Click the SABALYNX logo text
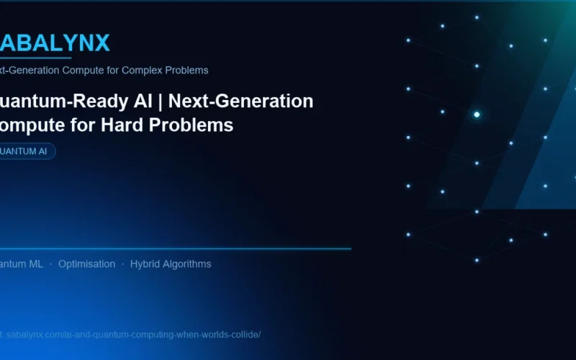click(x=54, y=43)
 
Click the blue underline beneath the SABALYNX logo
click(x=36, y=58)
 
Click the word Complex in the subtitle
click(x=139, y=71)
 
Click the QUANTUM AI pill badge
click(x=26, y=151)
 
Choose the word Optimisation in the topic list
click(x=86, y=264)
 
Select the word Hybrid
click(x=147, y=264)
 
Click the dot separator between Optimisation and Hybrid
click(x=122, y=264)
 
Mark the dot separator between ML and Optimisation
click(x=50, y=264)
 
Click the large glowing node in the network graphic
click(x=477, y=114)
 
